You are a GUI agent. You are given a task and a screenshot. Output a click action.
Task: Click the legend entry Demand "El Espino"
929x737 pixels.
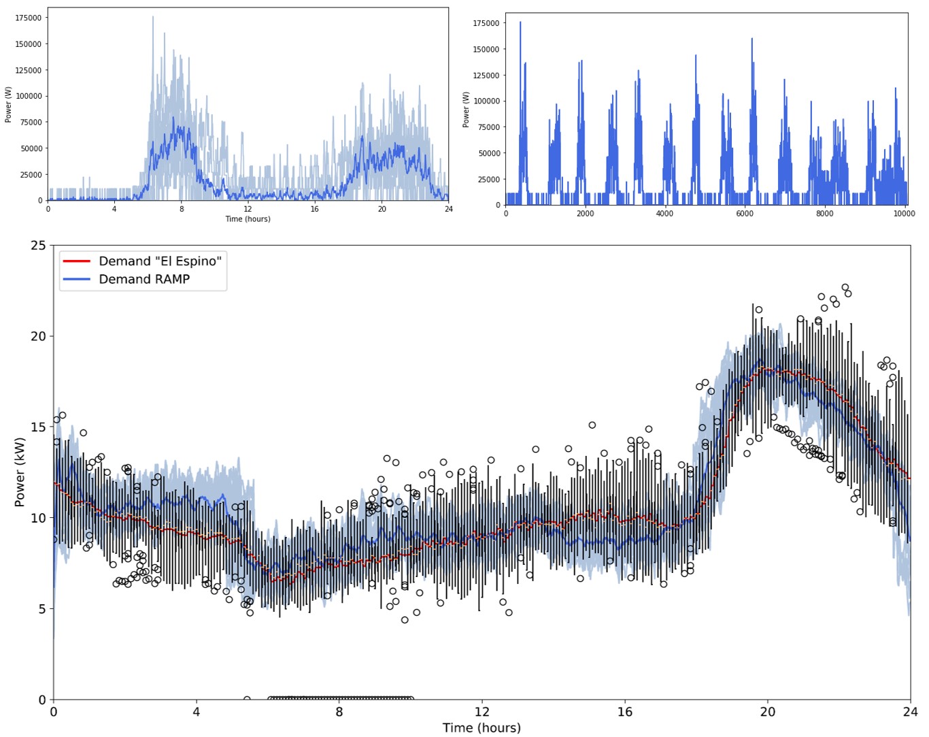160,261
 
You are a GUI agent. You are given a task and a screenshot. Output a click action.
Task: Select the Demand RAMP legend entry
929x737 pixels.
144,279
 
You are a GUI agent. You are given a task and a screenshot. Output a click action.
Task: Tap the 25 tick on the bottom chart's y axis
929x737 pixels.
38,246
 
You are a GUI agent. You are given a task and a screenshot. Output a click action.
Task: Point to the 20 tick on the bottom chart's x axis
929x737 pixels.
767,712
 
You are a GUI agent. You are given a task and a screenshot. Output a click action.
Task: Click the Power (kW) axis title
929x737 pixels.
20,472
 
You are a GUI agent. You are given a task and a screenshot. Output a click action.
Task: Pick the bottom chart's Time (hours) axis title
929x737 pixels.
482,728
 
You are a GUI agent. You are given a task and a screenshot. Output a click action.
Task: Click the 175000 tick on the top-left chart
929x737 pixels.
28,18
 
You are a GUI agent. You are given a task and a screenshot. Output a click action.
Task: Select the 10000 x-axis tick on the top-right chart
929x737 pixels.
904,214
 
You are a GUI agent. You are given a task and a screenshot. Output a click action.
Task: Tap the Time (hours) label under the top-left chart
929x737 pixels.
248,219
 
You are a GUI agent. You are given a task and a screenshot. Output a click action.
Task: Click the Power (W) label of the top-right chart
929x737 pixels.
466,109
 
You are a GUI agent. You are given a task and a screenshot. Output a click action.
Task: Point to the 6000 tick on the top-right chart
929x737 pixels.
745,214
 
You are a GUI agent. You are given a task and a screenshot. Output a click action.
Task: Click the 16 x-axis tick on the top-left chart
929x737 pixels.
314,209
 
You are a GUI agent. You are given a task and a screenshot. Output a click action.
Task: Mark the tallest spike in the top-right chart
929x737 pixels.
520,22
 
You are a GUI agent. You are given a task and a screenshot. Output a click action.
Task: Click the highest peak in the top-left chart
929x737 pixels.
152,17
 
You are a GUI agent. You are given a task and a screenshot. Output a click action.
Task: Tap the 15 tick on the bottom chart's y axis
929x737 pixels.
38,427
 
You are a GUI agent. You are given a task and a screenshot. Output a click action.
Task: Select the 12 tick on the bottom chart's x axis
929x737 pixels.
482,712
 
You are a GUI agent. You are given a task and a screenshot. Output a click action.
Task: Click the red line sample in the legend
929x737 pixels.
76,261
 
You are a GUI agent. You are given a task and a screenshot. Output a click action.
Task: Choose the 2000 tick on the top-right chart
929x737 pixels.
585,214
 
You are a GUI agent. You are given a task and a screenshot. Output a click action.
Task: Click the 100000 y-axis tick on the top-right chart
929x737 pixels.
486,101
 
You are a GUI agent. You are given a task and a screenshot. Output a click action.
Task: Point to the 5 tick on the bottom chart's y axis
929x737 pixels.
41,609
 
